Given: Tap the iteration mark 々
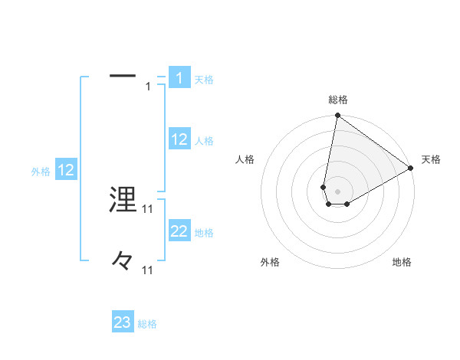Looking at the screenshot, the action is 123,261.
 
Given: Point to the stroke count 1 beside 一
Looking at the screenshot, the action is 148,87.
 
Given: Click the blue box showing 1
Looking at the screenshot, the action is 179,78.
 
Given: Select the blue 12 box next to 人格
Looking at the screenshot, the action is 179,139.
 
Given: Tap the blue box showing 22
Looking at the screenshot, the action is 179,231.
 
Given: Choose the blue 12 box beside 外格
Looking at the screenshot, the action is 66,170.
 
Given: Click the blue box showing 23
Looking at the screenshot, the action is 123,322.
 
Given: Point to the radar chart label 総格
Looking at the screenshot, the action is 338,100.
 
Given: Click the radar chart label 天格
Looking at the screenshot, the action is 431,159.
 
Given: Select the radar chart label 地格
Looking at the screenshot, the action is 402,262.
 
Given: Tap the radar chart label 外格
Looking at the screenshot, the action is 270,262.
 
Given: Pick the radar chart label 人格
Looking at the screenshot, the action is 245,159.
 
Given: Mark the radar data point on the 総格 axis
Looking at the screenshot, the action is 337,116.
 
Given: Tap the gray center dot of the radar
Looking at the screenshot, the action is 337,191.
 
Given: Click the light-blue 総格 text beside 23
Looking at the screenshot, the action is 147,324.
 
